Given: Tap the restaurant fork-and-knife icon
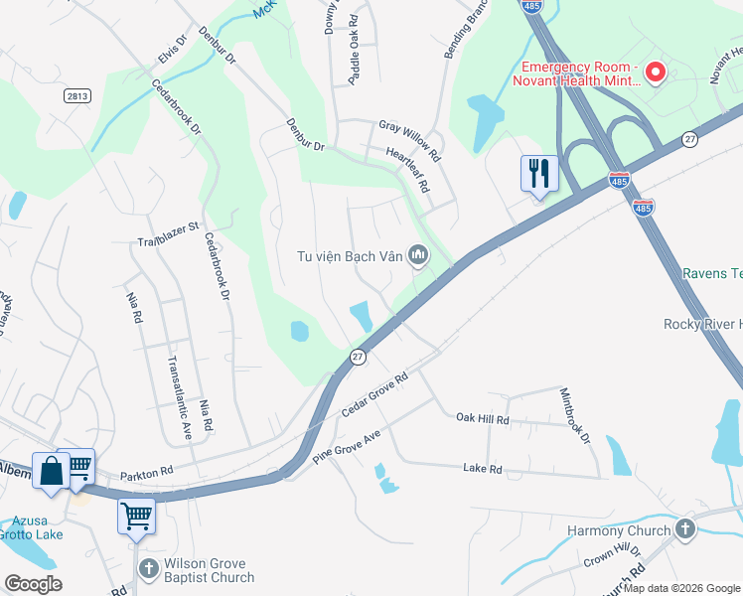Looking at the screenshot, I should [539, 173].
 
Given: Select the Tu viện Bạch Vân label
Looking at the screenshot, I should [350, 256].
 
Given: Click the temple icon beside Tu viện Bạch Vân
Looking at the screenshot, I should [418, 256].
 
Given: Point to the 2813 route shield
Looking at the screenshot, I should [75, 95].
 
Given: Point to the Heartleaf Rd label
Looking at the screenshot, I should [408, 169].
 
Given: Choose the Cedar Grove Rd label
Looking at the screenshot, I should [375, 396].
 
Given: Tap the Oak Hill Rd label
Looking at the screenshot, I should [483, 420].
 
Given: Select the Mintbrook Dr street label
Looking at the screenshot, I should [575, 415].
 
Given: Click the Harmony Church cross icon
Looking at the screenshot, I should [684, 530].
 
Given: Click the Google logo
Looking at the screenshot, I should [33, 584].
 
